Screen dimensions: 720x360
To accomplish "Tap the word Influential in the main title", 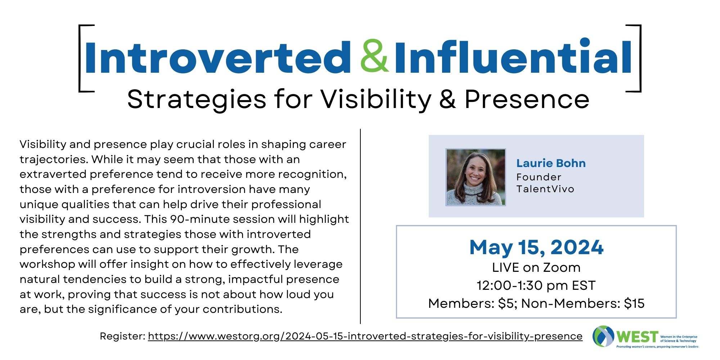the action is pos(513,56).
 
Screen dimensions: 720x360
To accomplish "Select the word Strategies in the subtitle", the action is pos(197,99).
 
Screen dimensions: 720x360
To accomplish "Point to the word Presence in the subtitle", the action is pos(527,99).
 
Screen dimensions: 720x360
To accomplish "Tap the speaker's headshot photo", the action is pos(476,177).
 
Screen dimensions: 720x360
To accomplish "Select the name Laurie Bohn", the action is pos(551,163).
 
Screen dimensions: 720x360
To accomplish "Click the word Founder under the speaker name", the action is pos(539,177).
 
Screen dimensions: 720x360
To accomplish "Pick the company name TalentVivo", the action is pos(545,189).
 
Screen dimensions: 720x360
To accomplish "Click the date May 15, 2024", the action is pos(536,248).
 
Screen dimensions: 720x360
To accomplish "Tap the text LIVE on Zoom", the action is pos(536,267).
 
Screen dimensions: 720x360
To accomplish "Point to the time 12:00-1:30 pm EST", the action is pos(536,285).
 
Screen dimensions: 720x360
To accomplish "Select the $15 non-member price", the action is pos(634,303).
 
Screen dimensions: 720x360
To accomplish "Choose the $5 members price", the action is pos(507,303).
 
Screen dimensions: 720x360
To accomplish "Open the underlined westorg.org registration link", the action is pos(365,336).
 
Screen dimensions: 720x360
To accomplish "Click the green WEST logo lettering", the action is pos(637,337).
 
